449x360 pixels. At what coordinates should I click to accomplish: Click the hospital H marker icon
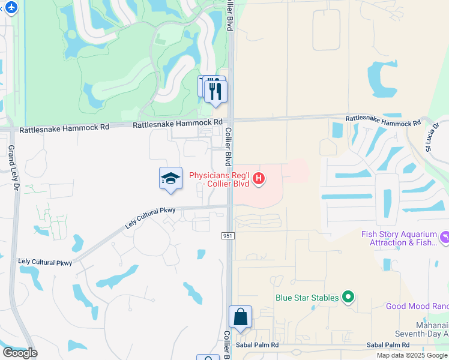click(x=259, y=178)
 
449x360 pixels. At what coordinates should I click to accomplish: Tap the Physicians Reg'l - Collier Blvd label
click(x=219, y=179)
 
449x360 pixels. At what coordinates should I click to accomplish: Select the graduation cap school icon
click(x=171, y=178)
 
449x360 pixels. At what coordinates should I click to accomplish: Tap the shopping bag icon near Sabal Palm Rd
click(x=240, y=317)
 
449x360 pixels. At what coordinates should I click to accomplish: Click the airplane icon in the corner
click(x=10, y=7)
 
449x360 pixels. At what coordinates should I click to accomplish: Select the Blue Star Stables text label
click(x=307, y=297)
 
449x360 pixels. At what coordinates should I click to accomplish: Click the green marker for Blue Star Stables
click(x=347, y=297)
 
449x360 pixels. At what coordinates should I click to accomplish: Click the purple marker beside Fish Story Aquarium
click(x=444, y=238)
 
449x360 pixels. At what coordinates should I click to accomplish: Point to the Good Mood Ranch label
click(x=417, y=306)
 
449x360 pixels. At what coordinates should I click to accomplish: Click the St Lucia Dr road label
click(x=431, y=140)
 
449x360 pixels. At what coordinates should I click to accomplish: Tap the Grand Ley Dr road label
click(x=11, y=168)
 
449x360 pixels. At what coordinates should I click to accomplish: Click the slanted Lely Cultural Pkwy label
click(x=150, y=218)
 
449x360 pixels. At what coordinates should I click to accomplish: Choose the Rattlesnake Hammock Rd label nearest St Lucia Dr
click(x=384, y=121)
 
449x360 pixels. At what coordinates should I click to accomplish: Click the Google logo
click(x=20, y=352)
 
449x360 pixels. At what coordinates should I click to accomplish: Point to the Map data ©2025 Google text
click(x=412, y=355)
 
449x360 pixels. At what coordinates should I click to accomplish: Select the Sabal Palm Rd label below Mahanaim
click(x=388, y=345)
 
